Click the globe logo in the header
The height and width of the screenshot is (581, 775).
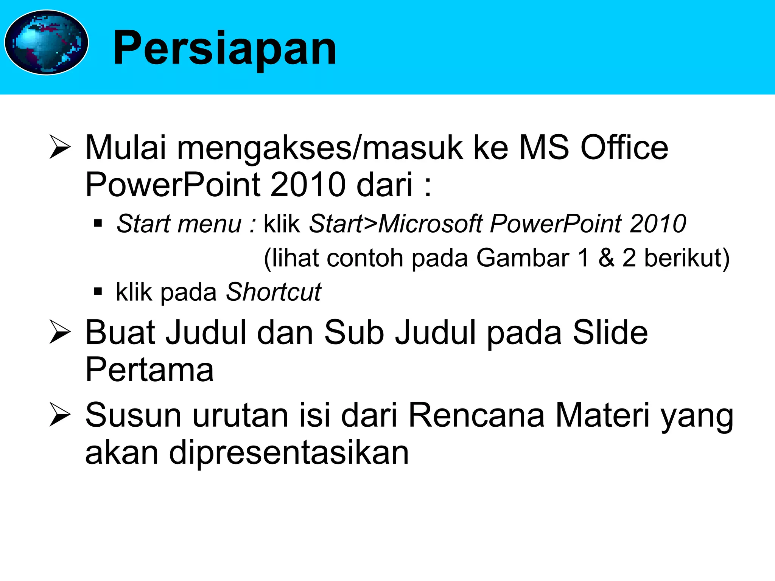[46, 42]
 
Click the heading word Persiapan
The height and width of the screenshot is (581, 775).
[224, 48]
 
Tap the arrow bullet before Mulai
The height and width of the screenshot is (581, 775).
[60, 148]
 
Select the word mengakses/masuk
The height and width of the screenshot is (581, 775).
[320, 148]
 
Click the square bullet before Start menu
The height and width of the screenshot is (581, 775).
[98, 224]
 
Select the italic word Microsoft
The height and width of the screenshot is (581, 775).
[430, 224]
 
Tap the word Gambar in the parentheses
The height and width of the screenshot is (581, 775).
[523, 258]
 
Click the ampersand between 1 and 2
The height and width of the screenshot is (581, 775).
[606, 258]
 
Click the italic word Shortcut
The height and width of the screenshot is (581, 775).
[273, 292]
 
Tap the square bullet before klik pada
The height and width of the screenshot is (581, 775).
[98, 292]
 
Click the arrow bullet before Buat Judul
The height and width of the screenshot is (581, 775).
[60, 332]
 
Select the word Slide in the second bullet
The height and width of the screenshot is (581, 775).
[610, 332]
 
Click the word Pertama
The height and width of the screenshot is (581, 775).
[149, 370]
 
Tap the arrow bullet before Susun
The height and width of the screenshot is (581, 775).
[60, 415]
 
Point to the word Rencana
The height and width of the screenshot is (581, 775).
[477, 415]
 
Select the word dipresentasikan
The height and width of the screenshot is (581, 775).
[289, 453]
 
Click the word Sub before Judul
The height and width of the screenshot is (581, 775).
[354, 332]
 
